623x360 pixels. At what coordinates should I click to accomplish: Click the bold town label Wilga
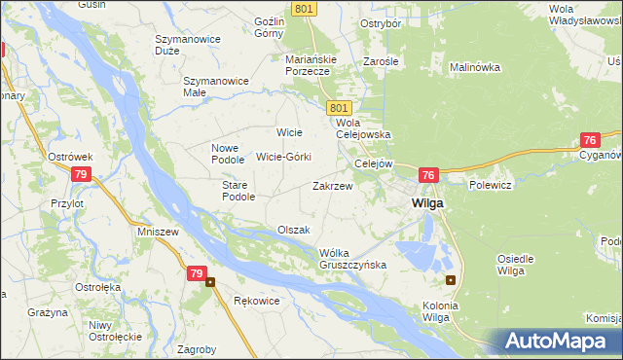[427, 203]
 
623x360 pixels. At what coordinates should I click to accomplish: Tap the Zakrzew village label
[332, 185]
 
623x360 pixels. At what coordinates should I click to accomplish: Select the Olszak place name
[293, 230]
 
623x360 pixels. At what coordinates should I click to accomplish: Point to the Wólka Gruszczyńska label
[353, 258]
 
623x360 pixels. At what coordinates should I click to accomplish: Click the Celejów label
[373, 163]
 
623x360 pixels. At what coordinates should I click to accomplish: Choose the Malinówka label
[474, 67]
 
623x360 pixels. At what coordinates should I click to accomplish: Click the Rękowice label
[257, 301]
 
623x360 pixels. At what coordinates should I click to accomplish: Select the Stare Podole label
[238, 190]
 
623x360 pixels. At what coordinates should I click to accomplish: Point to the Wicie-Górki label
[283, 157]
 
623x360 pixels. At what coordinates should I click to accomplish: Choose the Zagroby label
[198, 347]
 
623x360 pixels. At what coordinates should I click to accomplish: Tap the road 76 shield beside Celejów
[428, 175]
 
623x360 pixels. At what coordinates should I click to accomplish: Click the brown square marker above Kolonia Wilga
[450, 280]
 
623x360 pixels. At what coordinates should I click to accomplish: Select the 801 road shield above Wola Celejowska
[338, 107]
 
